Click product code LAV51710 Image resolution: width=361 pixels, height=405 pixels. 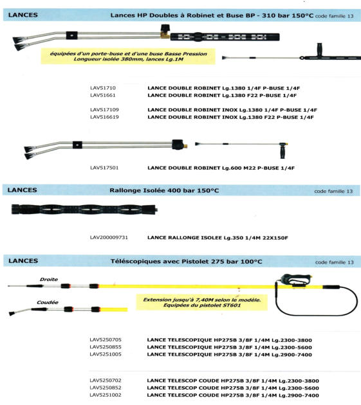103,88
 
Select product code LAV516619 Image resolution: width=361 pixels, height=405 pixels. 104,117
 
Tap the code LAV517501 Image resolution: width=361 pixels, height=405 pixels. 104,168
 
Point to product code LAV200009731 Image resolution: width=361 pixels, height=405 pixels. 109,238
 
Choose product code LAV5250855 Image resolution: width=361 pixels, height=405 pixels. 106,347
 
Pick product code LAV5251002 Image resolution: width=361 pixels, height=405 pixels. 106,395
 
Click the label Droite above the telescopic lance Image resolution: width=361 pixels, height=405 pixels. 49,279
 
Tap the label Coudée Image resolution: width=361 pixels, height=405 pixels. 48,302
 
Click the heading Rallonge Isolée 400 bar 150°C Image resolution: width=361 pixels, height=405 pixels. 164,191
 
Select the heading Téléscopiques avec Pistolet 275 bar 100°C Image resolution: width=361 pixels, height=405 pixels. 186,262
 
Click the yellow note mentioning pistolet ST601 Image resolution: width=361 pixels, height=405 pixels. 202,302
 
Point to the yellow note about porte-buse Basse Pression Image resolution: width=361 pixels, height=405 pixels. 128,57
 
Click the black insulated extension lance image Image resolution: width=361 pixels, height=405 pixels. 84,209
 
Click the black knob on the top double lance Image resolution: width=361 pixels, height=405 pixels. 164,28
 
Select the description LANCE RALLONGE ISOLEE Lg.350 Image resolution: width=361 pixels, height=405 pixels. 218,238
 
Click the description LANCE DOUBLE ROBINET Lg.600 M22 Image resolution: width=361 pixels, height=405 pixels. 221,168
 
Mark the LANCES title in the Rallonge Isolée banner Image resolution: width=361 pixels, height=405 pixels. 23,190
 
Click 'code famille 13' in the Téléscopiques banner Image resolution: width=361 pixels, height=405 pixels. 334,262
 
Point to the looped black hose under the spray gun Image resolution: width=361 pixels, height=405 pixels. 316,316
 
